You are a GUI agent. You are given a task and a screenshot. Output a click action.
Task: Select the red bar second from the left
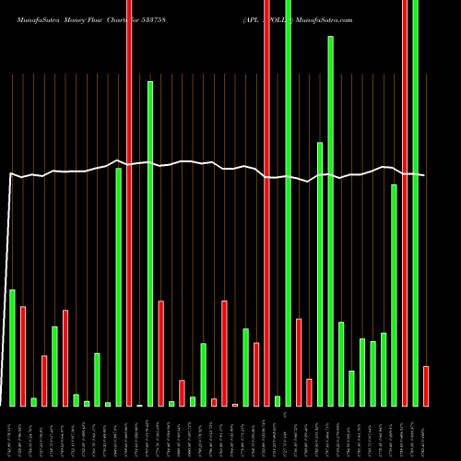[x=44, y=380]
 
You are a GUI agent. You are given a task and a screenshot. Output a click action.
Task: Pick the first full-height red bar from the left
[x=129, y=203]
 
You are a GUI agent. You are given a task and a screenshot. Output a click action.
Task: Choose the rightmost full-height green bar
[x=415, y=203]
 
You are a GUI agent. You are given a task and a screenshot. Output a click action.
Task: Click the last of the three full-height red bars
[x=405, y=203]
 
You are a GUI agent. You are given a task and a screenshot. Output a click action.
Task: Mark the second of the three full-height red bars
[x=266, y=203]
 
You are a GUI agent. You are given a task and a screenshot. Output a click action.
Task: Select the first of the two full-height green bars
[x=288, y=203]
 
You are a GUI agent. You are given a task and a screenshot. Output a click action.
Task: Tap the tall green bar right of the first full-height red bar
[x=150, y=243]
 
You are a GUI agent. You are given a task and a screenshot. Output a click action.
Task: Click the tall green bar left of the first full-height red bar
[x=118, y=287]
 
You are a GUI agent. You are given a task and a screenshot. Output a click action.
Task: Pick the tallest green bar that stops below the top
[x=330, y=221]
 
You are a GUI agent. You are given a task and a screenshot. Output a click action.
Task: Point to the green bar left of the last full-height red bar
[x=394, y=295]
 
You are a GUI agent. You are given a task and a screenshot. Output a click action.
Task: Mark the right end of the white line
[x=424, y=175]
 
